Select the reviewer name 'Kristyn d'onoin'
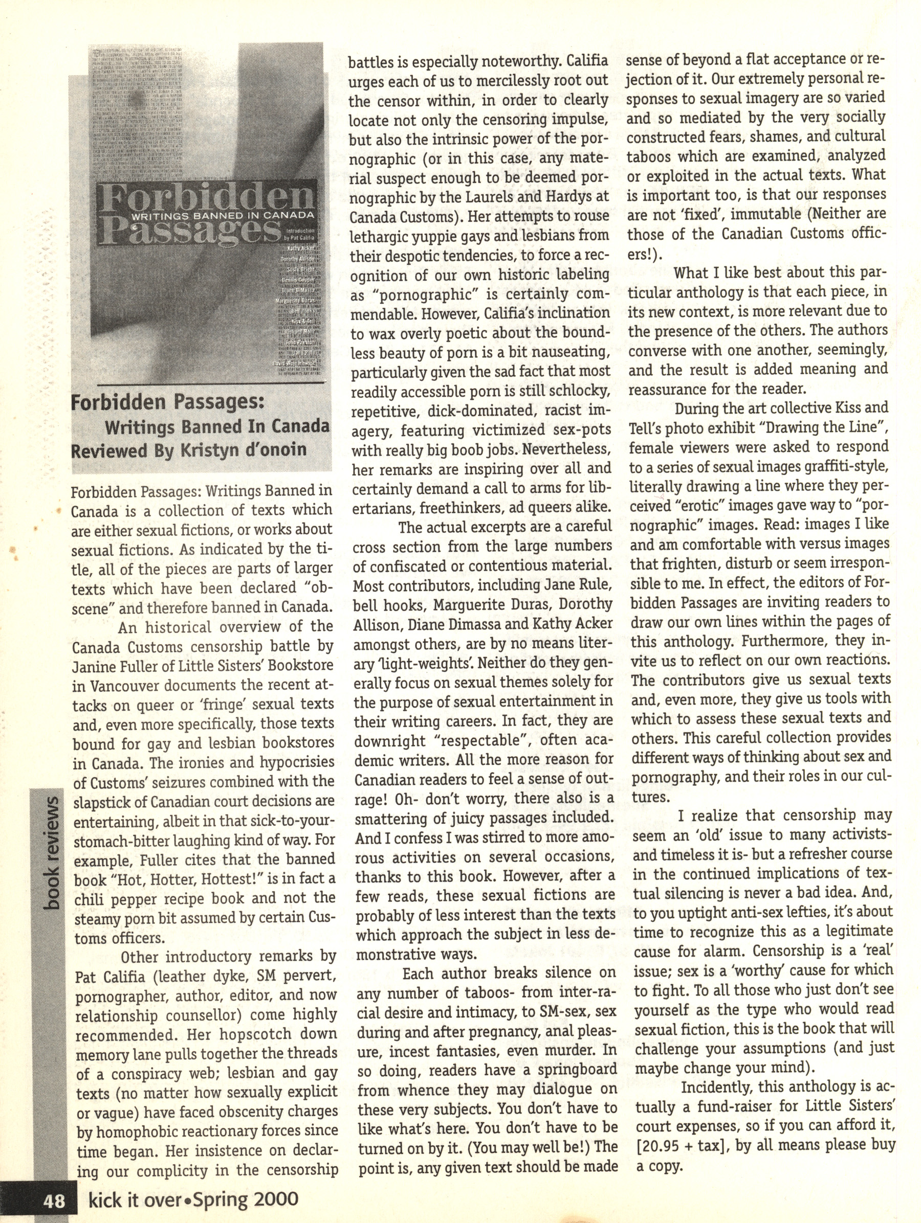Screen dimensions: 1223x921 243,449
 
